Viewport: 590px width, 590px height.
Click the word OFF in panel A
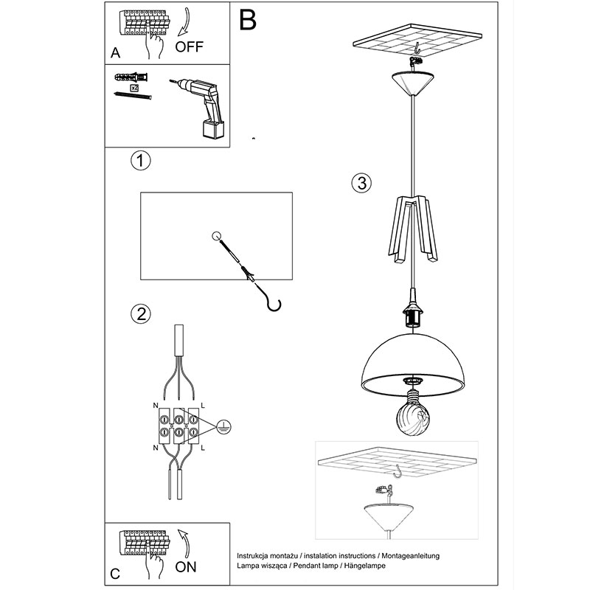189,46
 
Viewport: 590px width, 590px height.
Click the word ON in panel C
186,566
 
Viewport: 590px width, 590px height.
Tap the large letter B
248,20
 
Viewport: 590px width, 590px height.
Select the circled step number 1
141,161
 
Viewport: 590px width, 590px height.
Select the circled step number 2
141,314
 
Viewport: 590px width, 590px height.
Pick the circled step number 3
361,183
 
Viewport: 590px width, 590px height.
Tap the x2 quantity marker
134,88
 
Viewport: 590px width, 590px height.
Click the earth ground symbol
223,426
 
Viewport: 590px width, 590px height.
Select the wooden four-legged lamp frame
413,229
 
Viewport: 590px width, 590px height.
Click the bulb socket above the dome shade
413,311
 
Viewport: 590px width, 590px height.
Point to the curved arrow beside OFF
184,23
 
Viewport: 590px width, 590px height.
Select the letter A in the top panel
116,52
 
